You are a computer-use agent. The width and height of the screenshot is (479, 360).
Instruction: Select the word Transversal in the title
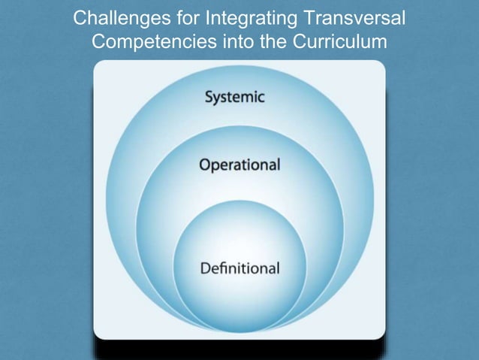click(351, 18)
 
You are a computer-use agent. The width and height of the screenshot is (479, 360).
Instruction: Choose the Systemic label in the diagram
click(234, 98)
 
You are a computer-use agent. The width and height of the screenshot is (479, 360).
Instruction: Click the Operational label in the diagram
click(239, 165)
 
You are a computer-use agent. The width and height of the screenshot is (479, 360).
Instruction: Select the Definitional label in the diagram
click(239, 268)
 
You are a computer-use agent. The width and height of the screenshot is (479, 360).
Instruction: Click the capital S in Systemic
click(209, 98)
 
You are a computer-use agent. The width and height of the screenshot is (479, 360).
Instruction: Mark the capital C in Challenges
click(80, 18)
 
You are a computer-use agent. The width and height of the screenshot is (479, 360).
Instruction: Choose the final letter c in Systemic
click(261, 99)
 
